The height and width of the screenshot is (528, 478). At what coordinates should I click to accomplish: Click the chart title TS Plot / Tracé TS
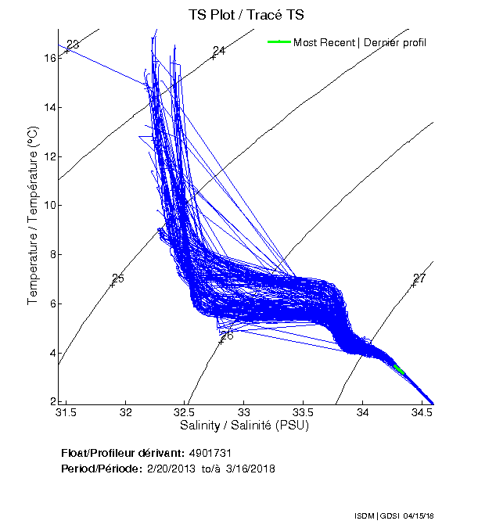[x=246, y=14]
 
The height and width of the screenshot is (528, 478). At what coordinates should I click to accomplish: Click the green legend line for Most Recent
[x=279, y=42]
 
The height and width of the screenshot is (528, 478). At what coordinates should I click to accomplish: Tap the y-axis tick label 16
[x=48, y=58]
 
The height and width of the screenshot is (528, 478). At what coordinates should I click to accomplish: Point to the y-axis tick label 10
[x=48, y=206]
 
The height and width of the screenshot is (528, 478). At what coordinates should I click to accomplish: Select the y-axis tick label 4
[x=51, y=353]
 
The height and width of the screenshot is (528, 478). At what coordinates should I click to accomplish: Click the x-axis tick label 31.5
[x=66, y=411]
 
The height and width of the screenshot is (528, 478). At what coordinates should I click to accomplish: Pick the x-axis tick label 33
[x=244, y=411]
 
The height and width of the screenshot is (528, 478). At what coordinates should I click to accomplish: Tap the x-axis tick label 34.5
[x=422, y=411]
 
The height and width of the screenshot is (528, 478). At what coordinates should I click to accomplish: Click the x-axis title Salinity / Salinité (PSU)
[x=245, y=426]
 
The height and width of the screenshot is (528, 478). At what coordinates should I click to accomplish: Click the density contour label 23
[x=73, y=45]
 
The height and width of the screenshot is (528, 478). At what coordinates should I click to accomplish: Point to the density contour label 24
[x=219, y=51]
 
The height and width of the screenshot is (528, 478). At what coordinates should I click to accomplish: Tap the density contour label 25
[x=118, y=278]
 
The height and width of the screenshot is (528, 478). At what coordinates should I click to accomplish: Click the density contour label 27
[x=419, y=278]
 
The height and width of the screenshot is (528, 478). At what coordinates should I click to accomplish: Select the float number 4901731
[x=210, y=453]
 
